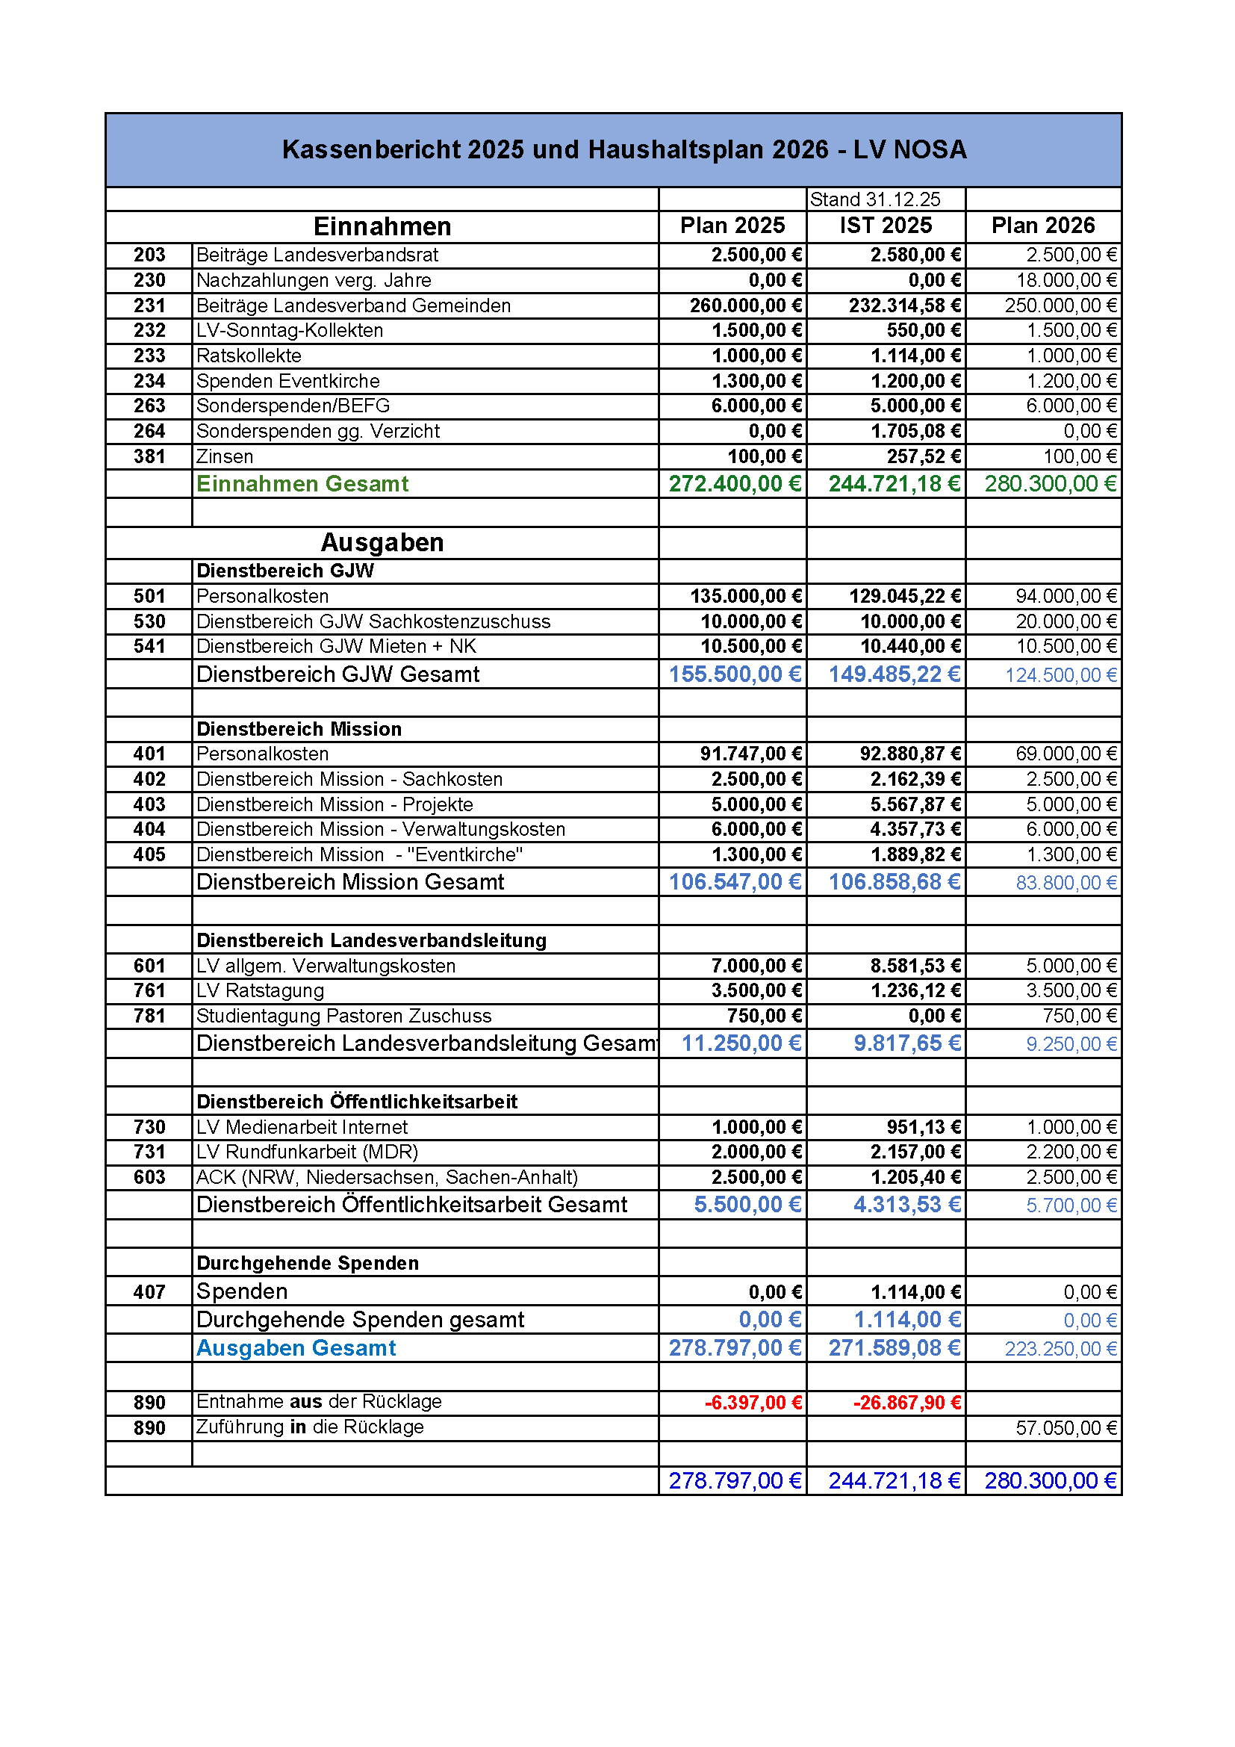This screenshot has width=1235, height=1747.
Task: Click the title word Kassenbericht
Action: click(x=372, y=150)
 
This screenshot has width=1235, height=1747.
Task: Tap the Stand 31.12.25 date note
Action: click(x=874, y=199)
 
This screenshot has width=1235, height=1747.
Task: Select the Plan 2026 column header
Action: click(x=1042, y=226)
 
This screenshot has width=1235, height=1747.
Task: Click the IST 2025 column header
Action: click(x=886, y=226)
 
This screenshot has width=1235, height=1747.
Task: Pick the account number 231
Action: click(x=149, y=306)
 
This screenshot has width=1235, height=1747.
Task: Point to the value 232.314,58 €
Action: click(x=904, y=306)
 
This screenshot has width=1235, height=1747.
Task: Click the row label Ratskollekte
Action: click(x=249, y=356)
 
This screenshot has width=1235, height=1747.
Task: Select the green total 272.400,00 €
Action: click(x=735, y=484)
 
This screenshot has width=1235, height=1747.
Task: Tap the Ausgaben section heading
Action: click(x=382, y=542)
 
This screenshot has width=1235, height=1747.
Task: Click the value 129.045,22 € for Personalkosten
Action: click(x=904, y=597)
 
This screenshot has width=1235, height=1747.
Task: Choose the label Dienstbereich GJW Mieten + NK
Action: click(x=336, y=647)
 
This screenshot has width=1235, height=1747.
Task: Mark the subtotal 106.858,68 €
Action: click(x=895, y=883)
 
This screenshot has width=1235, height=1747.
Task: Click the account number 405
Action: click(x=149, y=855)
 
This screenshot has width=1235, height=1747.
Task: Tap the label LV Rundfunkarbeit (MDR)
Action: click(x=307, y=1152)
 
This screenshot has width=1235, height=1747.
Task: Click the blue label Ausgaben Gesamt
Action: click(x=296, y=1349)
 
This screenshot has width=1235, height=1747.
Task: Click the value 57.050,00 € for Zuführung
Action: click(x=1066, y=1428)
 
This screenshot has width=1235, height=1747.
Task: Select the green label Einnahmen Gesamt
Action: click(x=302, y=484)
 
